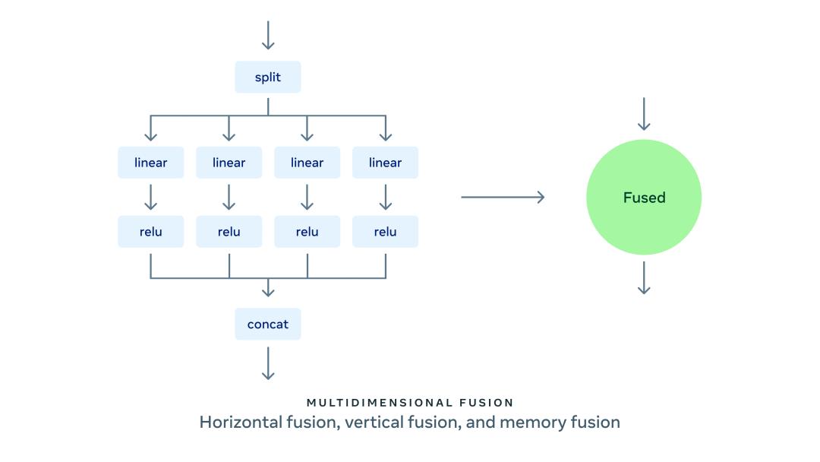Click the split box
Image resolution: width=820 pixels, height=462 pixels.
click(267, 78)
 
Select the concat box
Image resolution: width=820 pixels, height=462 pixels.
click(267, 324)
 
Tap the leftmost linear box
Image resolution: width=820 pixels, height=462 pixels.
click(150, 163)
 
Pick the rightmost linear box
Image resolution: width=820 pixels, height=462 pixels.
click(385, 163)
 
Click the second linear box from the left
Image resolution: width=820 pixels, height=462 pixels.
click(229, 163)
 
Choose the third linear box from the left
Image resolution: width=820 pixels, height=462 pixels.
click(307, 163)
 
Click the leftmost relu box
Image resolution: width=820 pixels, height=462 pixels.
click(150, 232)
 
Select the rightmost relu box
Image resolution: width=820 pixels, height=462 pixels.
click(385, 232)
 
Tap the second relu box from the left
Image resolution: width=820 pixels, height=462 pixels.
click(229, 232)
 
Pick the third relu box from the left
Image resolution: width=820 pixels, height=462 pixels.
click(307, 232)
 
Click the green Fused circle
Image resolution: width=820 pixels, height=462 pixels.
click(644, 198)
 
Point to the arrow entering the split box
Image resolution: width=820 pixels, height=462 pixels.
click(267, 36)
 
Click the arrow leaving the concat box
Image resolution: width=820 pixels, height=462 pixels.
click(267, 363)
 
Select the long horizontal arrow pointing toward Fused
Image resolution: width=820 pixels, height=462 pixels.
click(503, 198)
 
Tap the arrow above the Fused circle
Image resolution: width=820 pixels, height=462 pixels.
click(644, 114)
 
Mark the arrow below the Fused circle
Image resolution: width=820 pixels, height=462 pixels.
click(644, 277)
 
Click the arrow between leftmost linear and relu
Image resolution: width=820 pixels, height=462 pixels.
click(150, 197)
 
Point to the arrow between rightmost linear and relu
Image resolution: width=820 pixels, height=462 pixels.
click(385, 197)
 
